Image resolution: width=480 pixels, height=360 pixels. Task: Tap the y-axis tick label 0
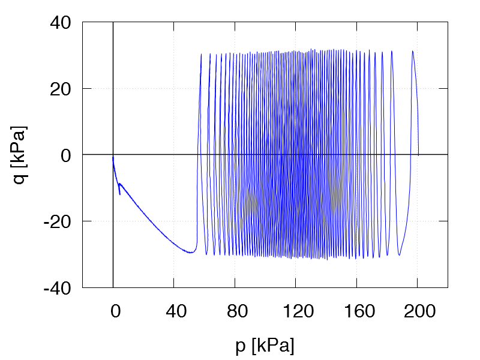66,155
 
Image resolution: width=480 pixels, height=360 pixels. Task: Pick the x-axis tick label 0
113,310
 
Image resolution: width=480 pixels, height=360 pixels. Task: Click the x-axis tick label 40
174,310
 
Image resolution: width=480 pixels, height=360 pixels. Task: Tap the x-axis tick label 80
235,310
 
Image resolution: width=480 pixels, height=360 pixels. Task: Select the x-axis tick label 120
296,310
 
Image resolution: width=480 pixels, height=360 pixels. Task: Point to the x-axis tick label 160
356,310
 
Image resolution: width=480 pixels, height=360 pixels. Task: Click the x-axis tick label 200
418,310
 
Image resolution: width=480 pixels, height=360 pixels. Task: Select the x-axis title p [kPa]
265,345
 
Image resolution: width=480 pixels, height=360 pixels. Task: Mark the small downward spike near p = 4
119,194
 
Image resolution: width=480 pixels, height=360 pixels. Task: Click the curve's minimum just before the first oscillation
191,253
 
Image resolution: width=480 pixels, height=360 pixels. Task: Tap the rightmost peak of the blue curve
412,51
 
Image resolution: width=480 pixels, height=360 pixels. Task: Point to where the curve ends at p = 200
418,155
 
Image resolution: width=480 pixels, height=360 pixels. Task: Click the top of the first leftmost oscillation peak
201,54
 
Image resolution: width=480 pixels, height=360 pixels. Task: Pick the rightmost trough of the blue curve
399,256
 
